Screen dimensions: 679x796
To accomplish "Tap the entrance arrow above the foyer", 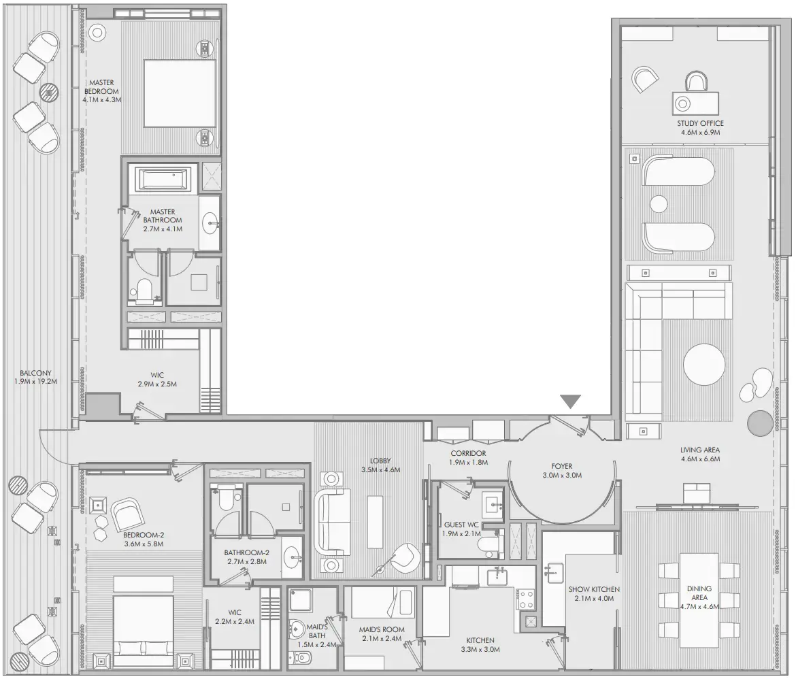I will click(570, 402).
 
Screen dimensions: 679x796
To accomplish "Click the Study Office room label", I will click(700, 123).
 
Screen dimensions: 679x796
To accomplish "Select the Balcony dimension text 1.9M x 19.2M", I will click(36, 382).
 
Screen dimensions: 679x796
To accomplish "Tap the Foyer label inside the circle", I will click(562, 466).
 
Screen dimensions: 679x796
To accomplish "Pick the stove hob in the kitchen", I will click(525, 599).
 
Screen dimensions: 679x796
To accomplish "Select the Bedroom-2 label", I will click(144, 535).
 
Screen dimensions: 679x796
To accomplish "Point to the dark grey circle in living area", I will click(759, 423).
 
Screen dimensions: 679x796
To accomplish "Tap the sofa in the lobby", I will click(331, 523).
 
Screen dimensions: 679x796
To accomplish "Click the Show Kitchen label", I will click(595, 589).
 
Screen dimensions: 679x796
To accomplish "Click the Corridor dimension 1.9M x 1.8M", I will click(467, 463).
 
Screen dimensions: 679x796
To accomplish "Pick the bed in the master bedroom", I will click(179, 93).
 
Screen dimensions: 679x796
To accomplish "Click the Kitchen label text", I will click(480, 640).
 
